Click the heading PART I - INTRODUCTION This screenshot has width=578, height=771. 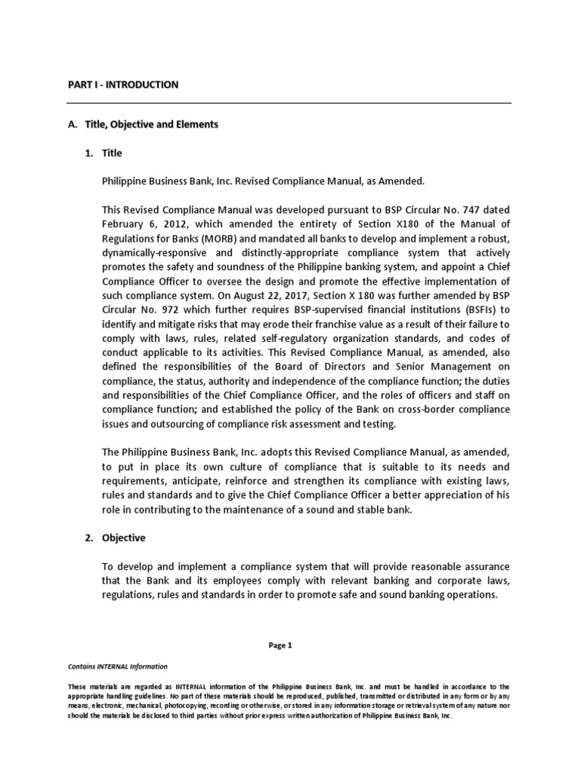click(x=123, y=85)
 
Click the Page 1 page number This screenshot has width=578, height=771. click(x=288, y=645)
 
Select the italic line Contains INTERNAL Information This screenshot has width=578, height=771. click(x=117, y=667)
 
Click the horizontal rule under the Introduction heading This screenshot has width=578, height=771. click(x=289, y=103)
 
